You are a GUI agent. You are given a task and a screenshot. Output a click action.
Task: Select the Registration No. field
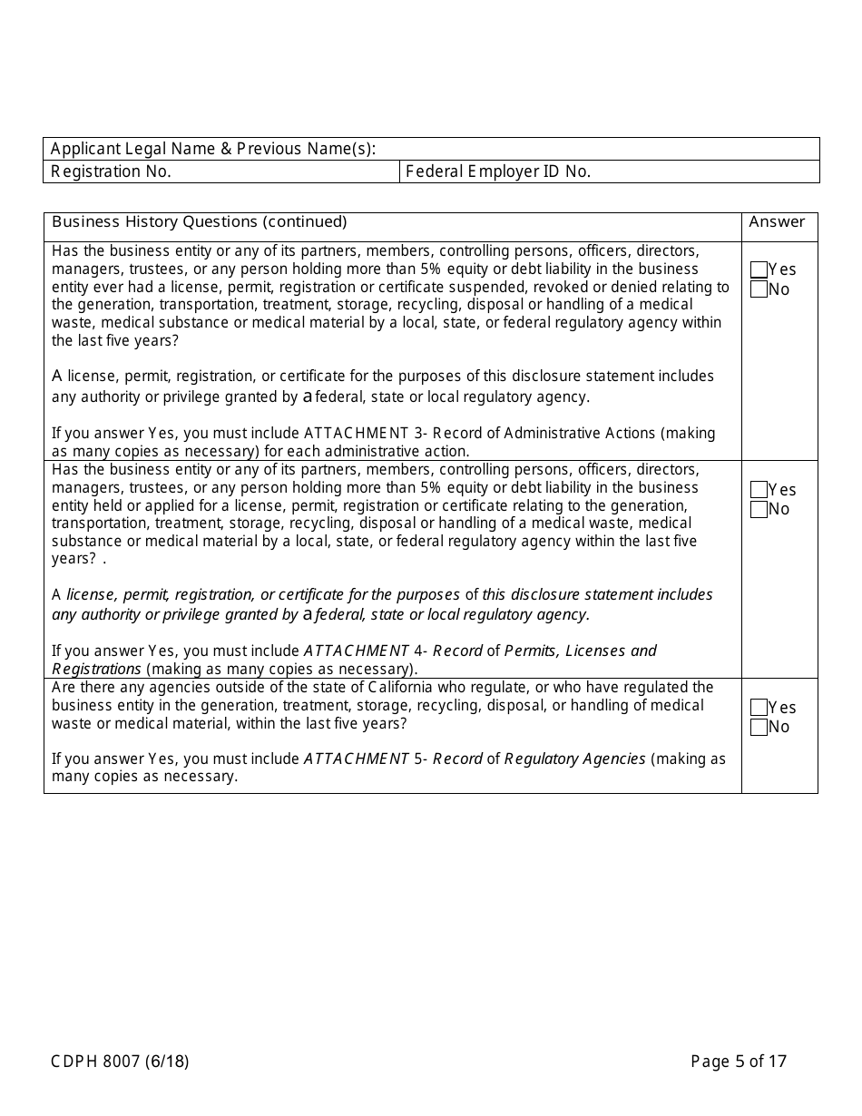[x=281, y=171]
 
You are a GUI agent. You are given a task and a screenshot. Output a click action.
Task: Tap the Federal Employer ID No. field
[x=699, y=171]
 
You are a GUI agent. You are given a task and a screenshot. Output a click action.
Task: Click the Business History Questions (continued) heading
[x=200, y=222]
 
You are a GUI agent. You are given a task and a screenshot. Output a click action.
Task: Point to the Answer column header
[x=777, y=222]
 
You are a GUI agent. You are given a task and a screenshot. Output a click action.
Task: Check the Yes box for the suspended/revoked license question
[x=759, y=270]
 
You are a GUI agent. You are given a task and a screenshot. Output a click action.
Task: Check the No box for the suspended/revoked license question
[x=759, y=289]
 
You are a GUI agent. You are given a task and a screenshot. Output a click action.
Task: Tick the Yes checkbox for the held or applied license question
[x=759, y=490]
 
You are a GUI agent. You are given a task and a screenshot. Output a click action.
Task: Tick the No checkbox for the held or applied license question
[x=759, y=509]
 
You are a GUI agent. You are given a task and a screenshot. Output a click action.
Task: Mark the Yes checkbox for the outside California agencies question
[x=759, y=708]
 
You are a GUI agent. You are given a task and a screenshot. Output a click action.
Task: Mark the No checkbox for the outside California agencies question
[x=759, y=727]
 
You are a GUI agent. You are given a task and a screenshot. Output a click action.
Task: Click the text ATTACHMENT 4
[x=362, y=651]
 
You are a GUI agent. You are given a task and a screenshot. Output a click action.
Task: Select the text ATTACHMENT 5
[x=362, y=759]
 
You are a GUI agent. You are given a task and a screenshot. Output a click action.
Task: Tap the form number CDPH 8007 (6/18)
[x=120, y=1062]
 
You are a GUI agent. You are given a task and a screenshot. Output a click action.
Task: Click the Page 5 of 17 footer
[x=739, y=1062]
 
